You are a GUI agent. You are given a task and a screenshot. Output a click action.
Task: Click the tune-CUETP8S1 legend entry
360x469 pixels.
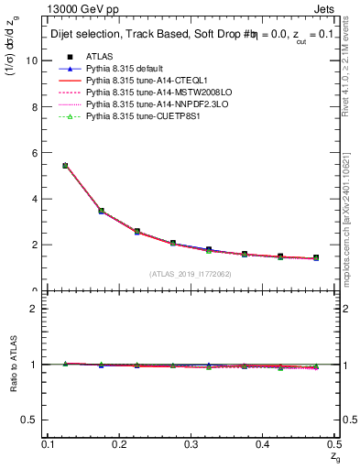click(x=133, y=116)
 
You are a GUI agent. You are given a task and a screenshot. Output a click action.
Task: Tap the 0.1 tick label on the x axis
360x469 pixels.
click(x=49, y=444)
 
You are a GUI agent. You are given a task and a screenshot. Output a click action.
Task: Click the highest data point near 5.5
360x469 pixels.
click(x=65, y=166)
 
